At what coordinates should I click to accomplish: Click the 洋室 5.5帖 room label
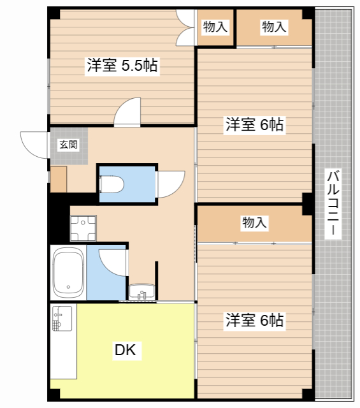(123, 65)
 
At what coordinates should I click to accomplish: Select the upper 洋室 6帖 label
(254, 125)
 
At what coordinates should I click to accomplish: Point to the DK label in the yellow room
(125, 349)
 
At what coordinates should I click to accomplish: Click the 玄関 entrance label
(68, 145)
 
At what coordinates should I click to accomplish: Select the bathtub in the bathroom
(68, 273)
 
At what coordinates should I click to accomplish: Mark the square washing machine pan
(83, 228)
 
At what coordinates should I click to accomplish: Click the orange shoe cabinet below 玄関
(59, 179)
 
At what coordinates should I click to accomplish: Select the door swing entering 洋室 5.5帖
(127, 112)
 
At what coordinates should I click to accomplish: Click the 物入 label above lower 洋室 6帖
(254, 223)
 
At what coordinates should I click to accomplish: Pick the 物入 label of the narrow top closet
(215, 27)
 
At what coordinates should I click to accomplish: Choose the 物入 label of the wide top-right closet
(274, 27)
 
